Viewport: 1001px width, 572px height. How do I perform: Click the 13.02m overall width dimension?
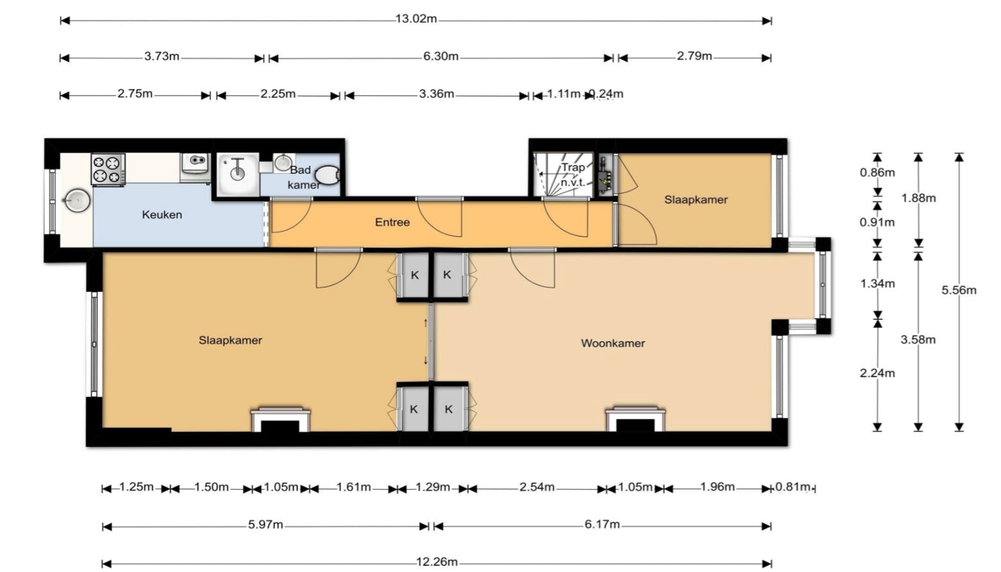coord(416,19)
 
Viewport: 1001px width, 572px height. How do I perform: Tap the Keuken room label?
coord(162,215)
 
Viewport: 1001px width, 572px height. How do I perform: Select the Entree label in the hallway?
coord(392,223)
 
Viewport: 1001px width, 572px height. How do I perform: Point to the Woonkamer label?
coord(612,343)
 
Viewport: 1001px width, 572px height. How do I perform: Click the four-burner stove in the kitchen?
coord(108,169)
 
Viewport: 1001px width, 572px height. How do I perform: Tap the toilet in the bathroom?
coord(327,174)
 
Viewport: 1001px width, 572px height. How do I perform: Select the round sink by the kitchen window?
coord(76,201)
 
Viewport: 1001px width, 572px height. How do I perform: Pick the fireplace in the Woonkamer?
coord(635,419)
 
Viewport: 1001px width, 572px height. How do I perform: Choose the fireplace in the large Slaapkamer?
coord(280,419)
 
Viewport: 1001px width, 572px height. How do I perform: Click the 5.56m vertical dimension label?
coord(959,290)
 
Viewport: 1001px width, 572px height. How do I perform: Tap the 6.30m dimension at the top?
coord(441,56)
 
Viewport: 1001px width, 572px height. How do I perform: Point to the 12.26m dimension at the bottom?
coord(437,562)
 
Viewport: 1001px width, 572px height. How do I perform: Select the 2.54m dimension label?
coord(537,487)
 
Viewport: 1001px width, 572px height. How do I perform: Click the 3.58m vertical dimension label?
coord(918,340)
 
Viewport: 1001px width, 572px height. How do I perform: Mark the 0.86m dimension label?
coord(877,172)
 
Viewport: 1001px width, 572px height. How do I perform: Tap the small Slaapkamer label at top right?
coord(696,199)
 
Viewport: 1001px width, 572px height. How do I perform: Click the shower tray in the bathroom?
coord(238,174)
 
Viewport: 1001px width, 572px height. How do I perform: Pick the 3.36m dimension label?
coord(436,94)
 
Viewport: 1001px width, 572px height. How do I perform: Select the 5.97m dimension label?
coord(265,525)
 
